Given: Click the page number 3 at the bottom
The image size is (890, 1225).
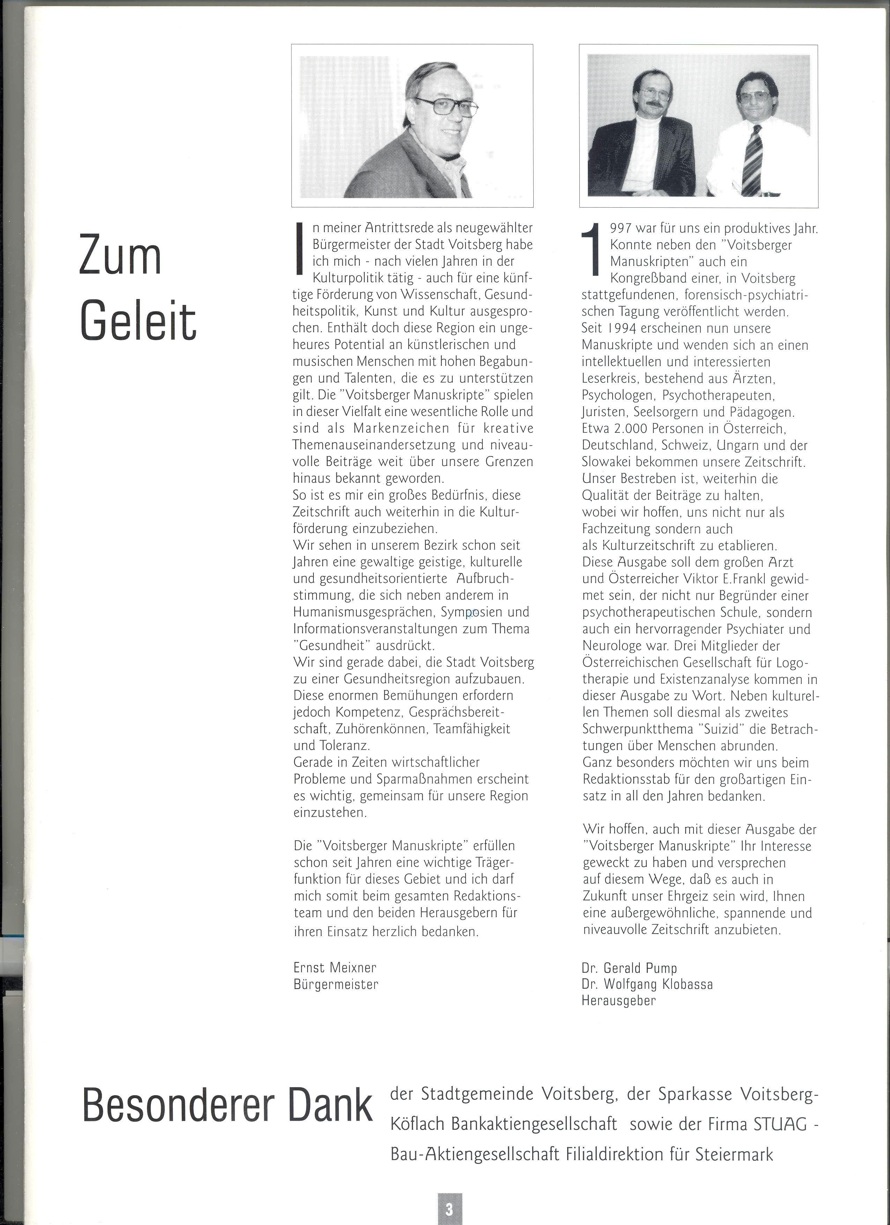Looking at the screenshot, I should [x=449, y=1209].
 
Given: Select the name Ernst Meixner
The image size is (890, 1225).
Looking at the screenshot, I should [x=335, y=967].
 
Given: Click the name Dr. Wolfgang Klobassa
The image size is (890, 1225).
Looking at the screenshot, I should [x=647, y=984].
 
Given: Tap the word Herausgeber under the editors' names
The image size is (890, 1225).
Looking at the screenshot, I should [x=618, y=1000].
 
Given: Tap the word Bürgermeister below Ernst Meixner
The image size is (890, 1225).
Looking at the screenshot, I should [x=336, y=984].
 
